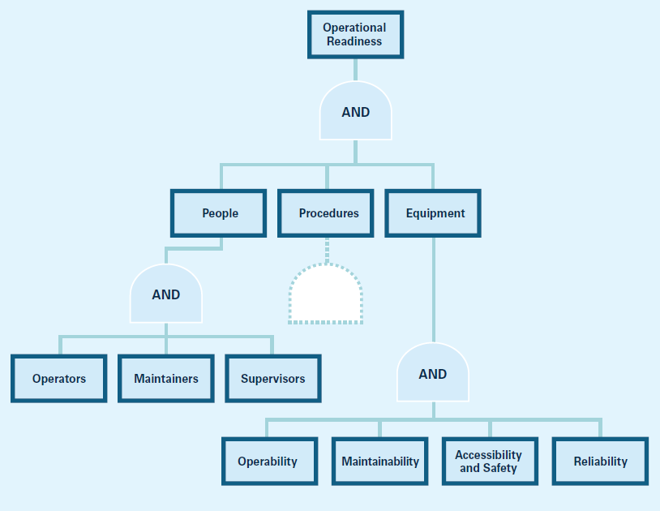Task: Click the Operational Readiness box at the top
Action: tap(355, 34)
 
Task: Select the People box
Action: tap(219, 213)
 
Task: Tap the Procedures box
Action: tap(327, 213)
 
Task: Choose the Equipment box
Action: tap(434, 213)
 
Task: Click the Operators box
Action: tap(58, 379)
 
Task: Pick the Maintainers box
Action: tap(165, 379)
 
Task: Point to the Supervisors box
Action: tap(272, 379)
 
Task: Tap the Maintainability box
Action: tap(379, 462)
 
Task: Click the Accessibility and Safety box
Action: tap(489, 462)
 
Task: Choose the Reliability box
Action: tap(600, 462)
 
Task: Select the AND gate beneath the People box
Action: tap(165, 294)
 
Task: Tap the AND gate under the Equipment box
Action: tap(433, 374)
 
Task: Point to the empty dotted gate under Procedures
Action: tap(326, 296)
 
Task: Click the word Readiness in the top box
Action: tap(355, 41)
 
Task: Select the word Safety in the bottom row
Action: tap(499, 468)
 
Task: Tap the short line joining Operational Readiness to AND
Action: tap(355, 70)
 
